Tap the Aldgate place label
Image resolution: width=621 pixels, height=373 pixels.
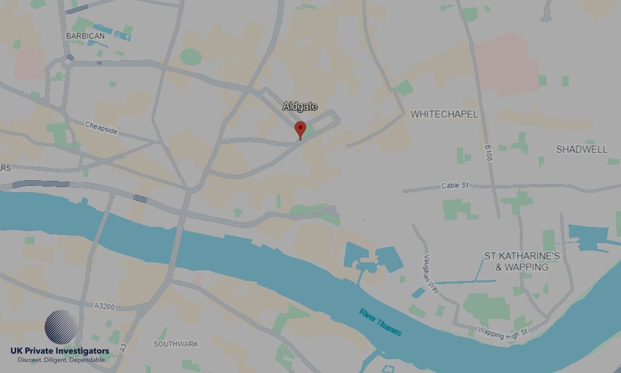(x=300, y=107)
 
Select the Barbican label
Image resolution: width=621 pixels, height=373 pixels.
(x=85, y=36)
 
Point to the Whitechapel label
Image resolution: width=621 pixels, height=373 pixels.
(x=444, y=114)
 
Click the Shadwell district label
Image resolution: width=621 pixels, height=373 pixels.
(x=581, y=149)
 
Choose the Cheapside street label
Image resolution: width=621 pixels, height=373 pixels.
(x=101, y=128)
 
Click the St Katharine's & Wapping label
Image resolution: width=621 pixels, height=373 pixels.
(x=522, y=262)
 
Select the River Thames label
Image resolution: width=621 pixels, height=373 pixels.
(x=380, y=321)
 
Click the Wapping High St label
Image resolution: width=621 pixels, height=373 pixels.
(x=502, y=331)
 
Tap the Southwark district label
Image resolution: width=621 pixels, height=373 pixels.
(x=176, y=344)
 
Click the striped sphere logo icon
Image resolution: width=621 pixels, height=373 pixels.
(x=61, y=327)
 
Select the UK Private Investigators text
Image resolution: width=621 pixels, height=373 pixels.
(x=60, y=351)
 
